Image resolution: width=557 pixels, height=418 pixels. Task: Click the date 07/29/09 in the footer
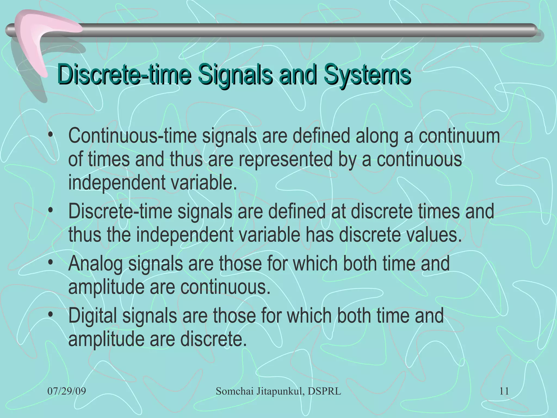point(67,391)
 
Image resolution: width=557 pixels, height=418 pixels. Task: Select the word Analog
point(95,264)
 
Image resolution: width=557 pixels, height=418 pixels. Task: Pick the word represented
point(286,159)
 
